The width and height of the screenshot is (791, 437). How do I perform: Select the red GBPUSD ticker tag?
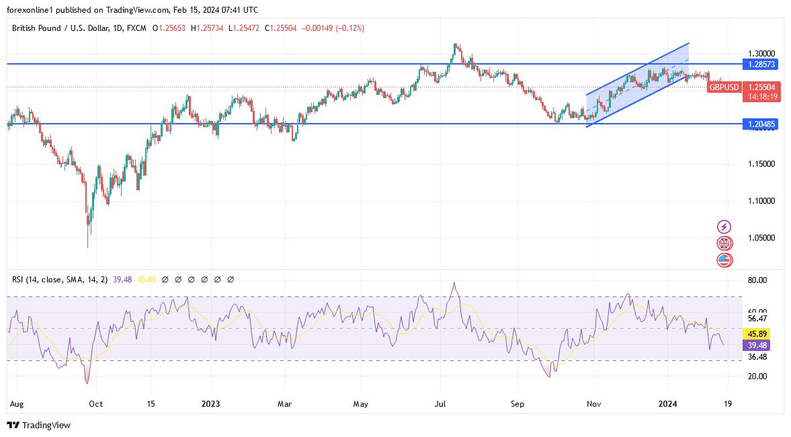(x=724, y=87)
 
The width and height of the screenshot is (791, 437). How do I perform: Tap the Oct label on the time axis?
(x=95, y=404)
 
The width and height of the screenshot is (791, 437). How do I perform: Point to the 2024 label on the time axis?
(x=668, y=404)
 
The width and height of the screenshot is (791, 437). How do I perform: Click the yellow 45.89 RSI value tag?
(x=758, y=333)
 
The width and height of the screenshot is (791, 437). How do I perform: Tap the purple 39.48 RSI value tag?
(x=758, y=345)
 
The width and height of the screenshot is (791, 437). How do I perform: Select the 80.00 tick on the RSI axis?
(x=757, y=280)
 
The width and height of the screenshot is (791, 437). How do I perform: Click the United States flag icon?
(x=724, y=260)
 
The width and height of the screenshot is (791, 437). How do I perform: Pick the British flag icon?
(x=724, y=243)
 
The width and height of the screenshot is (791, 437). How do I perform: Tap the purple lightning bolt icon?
(x=724, y=227)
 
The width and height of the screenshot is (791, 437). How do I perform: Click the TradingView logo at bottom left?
(x=38, y=425)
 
